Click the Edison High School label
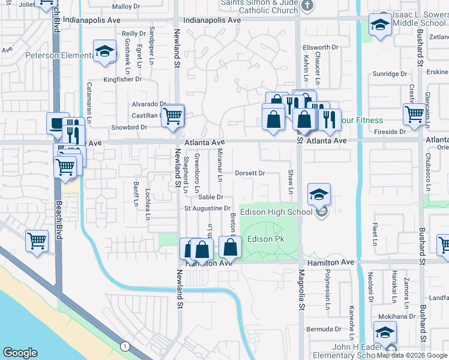[x=276, y=212]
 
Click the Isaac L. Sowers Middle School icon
[x=379, y=25]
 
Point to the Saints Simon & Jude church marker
[x=307, y=5]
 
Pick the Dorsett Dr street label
[x=250, y=173]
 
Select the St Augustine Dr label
[x=207, y=209]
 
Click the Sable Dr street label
[x=211, y=197]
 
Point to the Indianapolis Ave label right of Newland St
[x=212, y=20]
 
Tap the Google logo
[x=20, y=353]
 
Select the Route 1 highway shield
[x=125, y=346]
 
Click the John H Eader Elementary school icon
[x=385, y=332]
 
